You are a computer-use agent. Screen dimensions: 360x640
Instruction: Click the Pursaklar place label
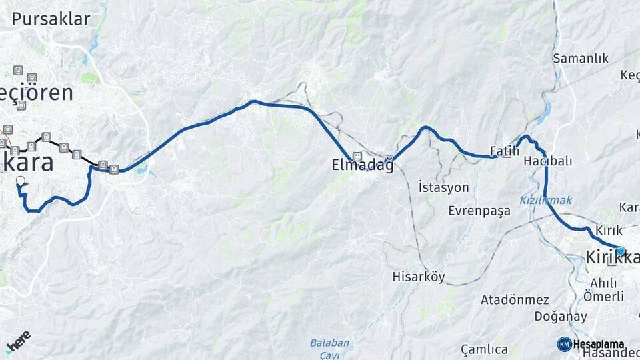(51, 19)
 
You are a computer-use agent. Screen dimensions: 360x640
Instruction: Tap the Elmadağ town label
(363, 166)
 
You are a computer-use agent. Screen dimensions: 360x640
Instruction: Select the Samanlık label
(581, 59)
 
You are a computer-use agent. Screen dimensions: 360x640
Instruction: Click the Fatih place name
(504, 151)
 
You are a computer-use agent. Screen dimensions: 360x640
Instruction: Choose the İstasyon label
(443, 187)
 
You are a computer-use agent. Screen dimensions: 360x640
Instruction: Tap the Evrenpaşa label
(479, 211)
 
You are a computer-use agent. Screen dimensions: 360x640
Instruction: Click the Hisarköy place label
(419, 277)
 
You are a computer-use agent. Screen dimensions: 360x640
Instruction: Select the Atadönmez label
(515, 300)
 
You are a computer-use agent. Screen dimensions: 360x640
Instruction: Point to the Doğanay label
(561, 317)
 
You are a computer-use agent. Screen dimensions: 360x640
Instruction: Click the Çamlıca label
(484, 349)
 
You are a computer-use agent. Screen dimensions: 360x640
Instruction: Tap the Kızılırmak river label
(545, 200)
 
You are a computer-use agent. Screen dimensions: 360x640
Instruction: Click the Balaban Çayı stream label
(329, 349)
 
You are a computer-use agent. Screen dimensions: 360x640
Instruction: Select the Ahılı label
(603, 283)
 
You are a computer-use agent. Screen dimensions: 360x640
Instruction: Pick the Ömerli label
(603, 296)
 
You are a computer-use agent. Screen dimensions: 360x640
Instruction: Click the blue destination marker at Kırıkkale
(621, 251)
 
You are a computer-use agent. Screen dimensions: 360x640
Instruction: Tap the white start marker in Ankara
(20, 181)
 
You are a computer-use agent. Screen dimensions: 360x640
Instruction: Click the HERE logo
(18, 341)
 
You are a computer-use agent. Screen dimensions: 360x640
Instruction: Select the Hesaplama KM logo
(591, 344)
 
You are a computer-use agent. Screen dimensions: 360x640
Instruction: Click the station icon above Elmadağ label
(357, 156)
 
